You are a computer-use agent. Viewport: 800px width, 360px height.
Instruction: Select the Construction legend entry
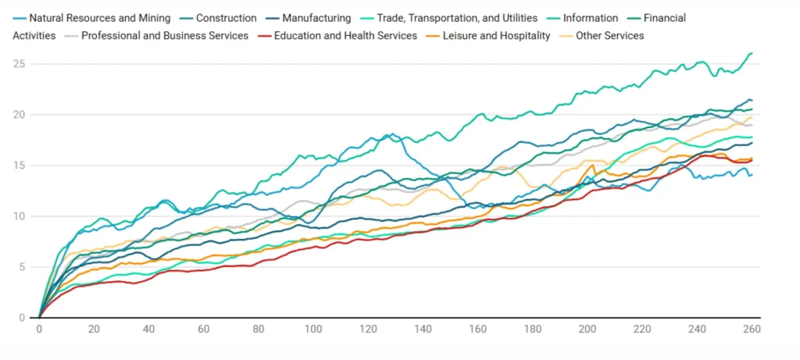coord(226,18)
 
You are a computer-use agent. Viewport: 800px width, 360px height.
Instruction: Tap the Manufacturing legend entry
coord(316,18)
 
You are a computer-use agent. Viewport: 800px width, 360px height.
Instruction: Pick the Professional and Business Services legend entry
coord(164,36)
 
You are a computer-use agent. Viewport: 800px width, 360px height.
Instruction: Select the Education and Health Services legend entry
coord(345,36)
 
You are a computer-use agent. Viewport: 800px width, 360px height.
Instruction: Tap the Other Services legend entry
coord(609,36)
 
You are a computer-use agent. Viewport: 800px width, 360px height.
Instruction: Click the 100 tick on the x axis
coord(313,329)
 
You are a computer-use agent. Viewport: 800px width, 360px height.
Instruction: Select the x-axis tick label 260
coord(752,329)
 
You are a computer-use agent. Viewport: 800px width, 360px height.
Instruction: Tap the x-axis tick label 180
coord(532,329)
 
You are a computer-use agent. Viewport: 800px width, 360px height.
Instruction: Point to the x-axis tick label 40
coord(148,329)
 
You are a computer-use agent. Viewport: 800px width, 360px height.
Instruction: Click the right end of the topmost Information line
coord(752,53)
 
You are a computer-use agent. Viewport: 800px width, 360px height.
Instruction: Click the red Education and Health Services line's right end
coord(752,160)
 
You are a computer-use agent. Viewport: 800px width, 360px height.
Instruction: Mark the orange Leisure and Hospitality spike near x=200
coord(594,166)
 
